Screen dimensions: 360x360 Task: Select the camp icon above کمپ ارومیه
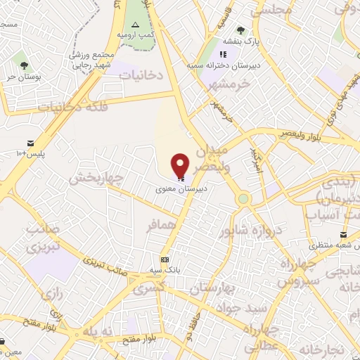click(x=136, y=25)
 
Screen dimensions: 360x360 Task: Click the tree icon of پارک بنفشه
click(x=240, y=30)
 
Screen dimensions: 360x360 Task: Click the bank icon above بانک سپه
click(x=165, y=259)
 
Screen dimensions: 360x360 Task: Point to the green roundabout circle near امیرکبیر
click(x=243, y=199)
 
